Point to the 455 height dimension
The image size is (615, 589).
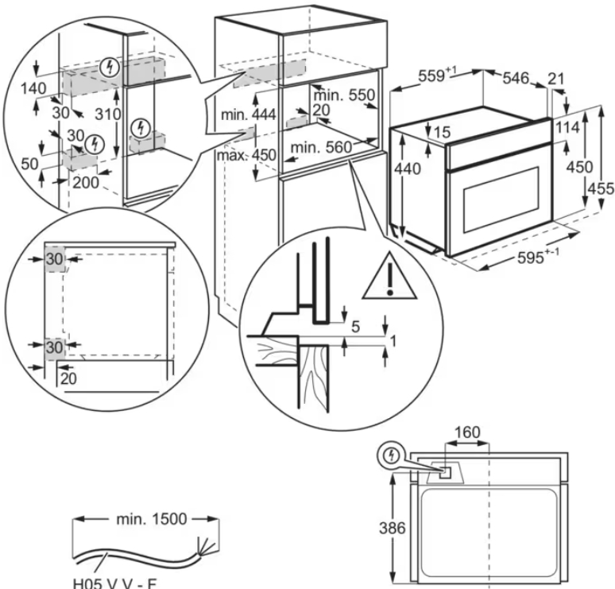click(600, 188)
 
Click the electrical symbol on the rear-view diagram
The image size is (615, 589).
click(390, 455)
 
